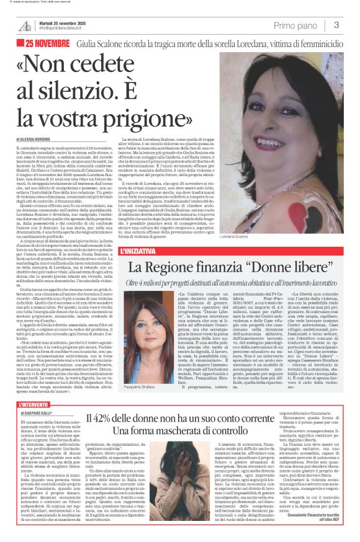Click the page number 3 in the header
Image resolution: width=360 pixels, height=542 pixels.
point(336,25)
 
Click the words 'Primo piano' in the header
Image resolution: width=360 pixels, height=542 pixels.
point(298,25)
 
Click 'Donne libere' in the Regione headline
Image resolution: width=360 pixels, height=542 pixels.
point(294,267)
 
